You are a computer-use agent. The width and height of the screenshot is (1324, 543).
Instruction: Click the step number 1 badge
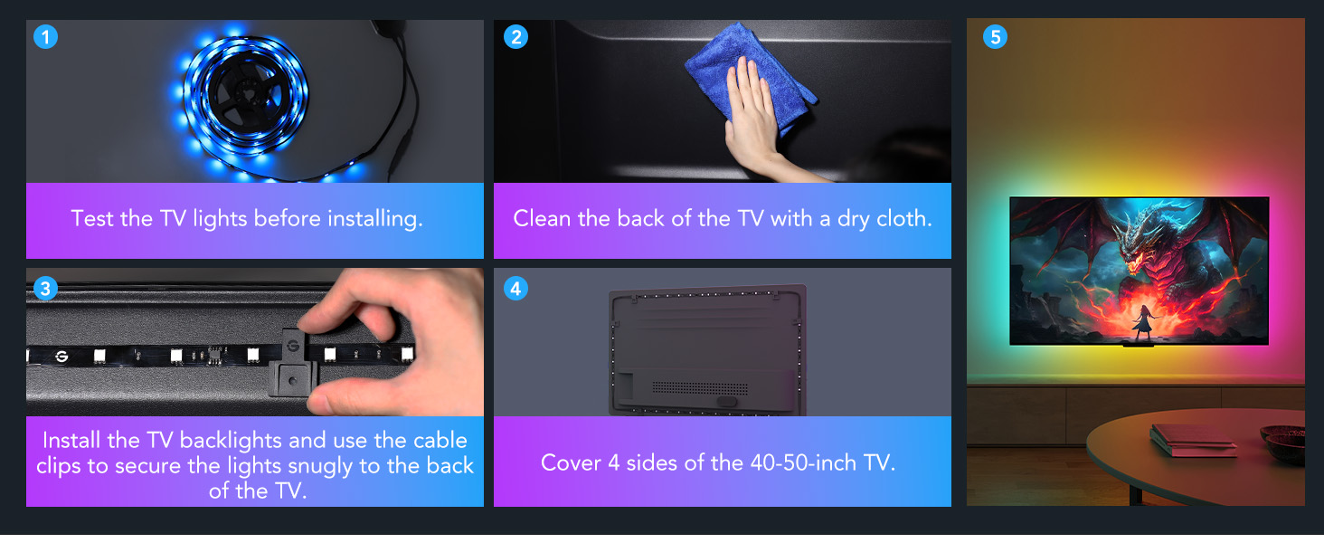(x=45, y=37)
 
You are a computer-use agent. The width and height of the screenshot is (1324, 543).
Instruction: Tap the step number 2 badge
(x=515, y=37)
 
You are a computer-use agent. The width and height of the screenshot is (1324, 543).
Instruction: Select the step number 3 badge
(x=45, y=289)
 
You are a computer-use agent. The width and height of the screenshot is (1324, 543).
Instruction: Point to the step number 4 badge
(x=515, y=289)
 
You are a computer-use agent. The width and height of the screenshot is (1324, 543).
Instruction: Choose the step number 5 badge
(x=995, y=37)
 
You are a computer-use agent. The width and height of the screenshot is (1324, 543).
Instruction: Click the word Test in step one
(x=92, y=219)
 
